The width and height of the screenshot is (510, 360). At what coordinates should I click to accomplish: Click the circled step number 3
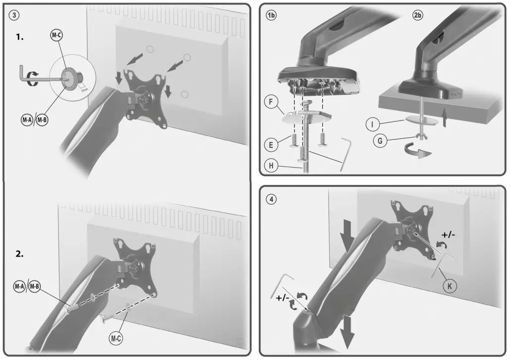[15, 15]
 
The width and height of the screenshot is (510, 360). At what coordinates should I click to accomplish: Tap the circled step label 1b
[271, 15]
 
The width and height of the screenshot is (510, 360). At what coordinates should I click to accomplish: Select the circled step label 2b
[418, 15]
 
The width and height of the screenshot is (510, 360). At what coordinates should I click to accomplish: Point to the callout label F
[270, 103]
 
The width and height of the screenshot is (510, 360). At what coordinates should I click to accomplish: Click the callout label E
[270, 145]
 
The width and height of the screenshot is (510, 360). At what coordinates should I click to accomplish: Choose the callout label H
[270, 166]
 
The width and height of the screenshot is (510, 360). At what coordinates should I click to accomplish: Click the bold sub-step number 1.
[20, 37]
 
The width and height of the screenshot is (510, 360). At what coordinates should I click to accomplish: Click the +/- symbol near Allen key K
[449, 235]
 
